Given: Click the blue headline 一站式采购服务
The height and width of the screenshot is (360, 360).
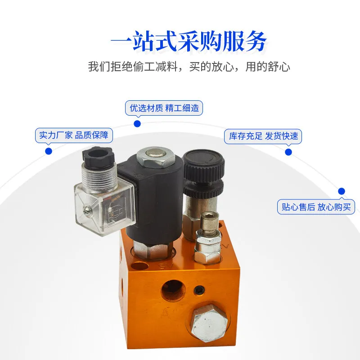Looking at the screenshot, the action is click(x=189, y=42).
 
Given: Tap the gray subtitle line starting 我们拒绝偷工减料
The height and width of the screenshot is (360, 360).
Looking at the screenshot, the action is click(x=189, y=67).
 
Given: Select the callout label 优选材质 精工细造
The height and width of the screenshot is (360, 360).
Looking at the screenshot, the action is click(x=164, y=108).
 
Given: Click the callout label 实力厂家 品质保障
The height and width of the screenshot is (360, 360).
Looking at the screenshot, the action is click(x=74, y=135).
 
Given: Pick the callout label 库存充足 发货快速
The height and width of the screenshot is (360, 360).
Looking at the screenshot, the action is click(x=263, y=136).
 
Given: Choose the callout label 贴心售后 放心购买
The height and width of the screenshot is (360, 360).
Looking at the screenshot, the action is click(x=316, y=207).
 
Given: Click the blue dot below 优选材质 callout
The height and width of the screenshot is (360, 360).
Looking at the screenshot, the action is click(x=137, y=124).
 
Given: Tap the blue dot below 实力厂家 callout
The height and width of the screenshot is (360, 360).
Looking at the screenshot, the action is click(x=49, y=151).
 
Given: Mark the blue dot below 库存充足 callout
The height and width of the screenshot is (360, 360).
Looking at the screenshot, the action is click(x=288, y=152).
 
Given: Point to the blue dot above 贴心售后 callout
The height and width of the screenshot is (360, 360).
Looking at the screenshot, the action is click(x=342, y=191).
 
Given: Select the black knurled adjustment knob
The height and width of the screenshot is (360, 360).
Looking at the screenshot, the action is click(x=204, y=173).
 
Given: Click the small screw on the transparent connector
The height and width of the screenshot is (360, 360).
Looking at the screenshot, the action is click(x=86, y=209).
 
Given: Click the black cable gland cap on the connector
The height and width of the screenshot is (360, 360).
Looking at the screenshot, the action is click(x=98, y=155).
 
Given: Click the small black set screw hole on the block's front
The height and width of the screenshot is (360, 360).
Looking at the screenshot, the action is click(x=199, y=291).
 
